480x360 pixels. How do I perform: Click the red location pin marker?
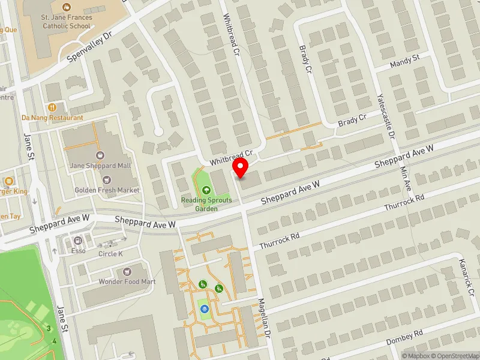pos(241,169)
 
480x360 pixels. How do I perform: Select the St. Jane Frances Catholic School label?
pos(67,22)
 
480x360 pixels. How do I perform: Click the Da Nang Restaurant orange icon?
pos(53,107)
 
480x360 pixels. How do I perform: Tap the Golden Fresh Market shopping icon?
pos(107,179)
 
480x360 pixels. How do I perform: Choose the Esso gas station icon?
pos(77,240)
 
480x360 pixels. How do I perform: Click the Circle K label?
pos(110,253)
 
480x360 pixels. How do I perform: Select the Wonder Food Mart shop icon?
pos(127,272)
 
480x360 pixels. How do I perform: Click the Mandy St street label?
pos(406,61)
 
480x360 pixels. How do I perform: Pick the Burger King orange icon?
pos(8,181)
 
